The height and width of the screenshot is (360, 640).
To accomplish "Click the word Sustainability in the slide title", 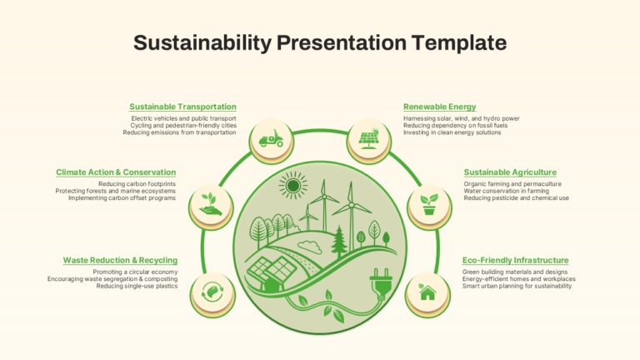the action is point(202,42).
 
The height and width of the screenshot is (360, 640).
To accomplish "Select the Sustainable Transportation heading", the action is point(182,107).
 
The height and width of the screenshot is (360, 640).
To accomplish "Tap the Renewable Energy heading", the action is point(440,107).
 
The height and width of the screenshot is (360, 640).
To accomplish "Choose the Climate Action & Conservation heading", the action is point(116,172).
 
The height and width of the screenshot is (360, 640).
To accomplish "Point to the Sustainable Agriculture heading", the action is point(510,172).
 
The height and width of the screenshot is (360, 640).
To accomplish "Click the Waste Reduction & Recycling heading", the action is point(120,260).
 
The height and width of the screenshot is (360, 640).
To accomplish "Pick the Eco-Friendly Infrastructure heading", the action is point(516,260).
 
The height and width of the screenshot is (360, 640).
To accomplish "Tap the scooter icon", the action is point(271,139).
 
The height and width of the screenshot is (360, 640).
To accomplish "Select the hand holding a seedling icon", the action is point(211,204).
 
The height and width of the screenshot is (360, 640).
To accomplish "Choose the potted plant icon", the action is point(429,204).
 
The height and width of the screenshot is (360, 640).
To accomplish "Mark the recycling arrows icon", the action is point(212,292).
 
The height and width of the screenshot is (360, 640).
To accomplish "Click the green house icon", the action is point(427,292).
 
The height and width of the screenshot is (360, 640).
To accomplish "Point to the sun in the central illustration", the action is point(293,186).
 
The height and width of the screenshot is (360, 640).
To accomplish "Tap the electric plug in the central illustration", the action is point(381,282).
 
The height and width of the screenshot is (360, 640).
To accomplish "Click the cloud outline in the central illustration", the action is point(310,247).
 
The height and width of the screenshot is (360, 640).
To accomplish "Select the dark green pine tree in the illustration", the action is point(339,242).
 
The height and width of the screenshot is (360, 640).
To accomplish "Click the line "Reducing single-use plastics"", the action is point(137,286).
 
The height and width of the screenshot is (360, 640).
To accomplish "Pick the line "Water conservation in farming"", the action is point(506,191).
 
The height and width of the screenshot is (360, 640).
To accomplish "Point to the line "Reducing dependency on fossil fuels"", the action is point(456,125).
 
